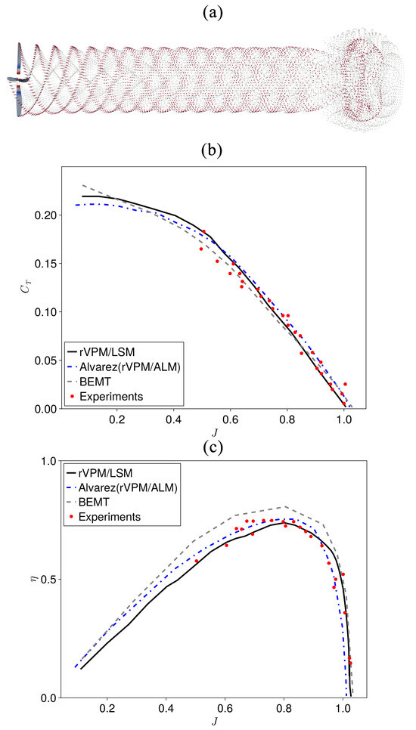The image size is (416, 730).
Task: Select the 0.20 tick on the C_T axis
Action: [x=45, y=215]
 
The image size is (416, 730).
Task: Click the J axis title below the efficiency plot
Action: [x=209, y=722]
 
